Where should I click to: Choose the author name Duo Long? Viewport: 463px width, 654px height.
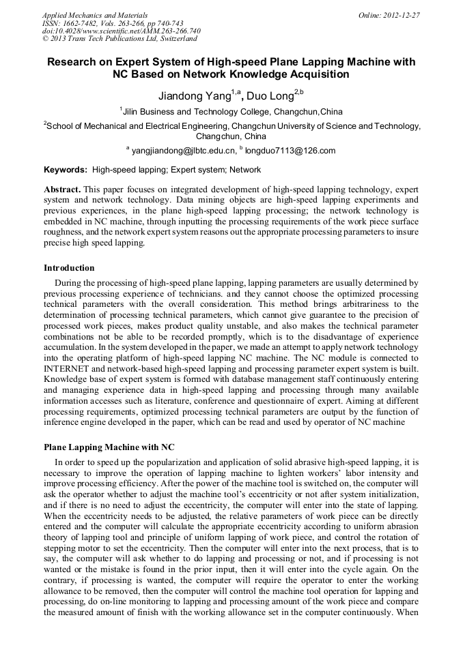(x=274, y=96)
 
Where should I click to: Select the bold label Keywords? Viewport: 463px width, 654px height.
(x=66, y=170)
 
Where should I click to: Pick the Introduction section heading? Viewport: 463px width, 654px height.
(x=69, y=268)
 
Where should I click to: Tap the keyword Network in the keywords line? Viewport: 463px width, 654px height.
(x=245, y=170)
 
